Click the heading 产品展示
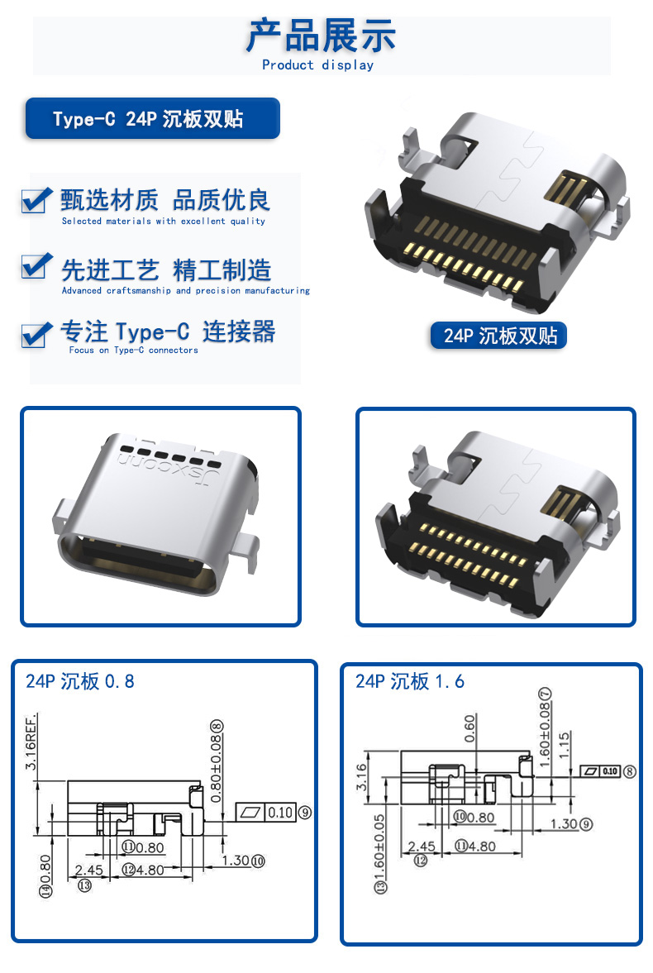point(321,36)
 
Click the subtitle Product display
point(317,65)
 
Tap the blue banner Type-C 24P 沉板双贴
point(153,118)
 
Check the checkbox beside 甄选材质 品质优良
point(36,200)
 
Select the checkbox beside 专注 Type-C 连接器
point(36,335)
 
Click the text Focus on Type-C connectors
point(133,350)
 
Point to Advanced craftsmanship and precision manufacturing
point(186,290)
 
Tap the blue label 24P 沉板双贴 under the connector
point(498,336)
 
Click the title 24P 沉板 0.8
point(80,681)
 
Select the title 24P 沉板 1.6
point(410,681)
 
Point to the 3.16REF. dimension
point(31,742)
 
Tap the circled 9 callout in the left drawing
point(305,813)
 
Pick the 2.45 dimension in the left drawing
point(88,870)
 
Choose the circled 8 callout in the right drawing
point(629,771)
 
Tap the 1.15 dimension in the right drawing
point(564,745)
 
